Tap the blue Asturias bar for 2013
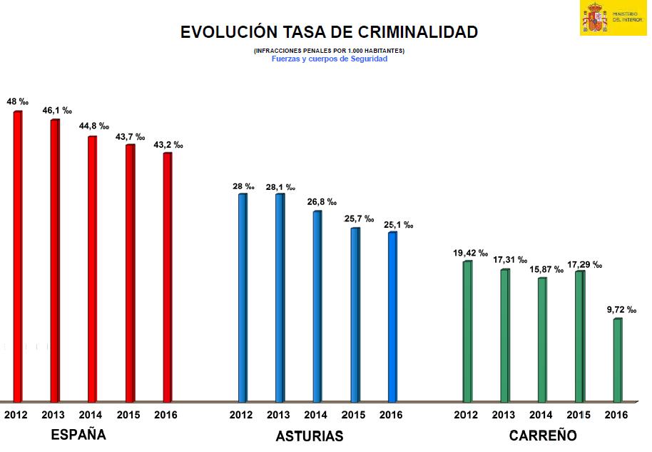pyautogui.click(x=280, y=296)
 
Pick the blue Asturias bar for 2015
pyautogui.click(x=355, y=313)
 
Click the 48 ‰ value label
pyautogui.click(x=17, y=102)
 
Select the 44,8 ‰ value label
pyautogui.click(x=93, y=126)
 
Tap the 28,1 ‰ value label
pyautogui.click(x=280, y=187)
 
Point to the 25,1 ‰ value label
pyautogui.click(x=398, y=225)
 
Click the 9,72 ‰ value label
pyautogui.click(x=621, y=309)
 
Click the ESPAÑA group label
pyautogui.click(x=78, y=435)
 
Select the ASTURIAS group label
pyautogui.click(x=310, y=436)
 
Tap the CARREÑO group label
pyautogui.click(x=543, y=436)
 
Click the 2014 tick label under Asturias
pyautogui.click(x=315, y=415)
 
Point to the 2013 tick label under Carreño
pyautogui.click(x=504, y=415)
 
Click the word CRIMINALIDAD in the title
pyautogui.click(x=409, y=32)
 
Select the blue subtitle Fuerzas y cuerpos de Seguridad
pyautogui.click(x=329, y=59)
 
